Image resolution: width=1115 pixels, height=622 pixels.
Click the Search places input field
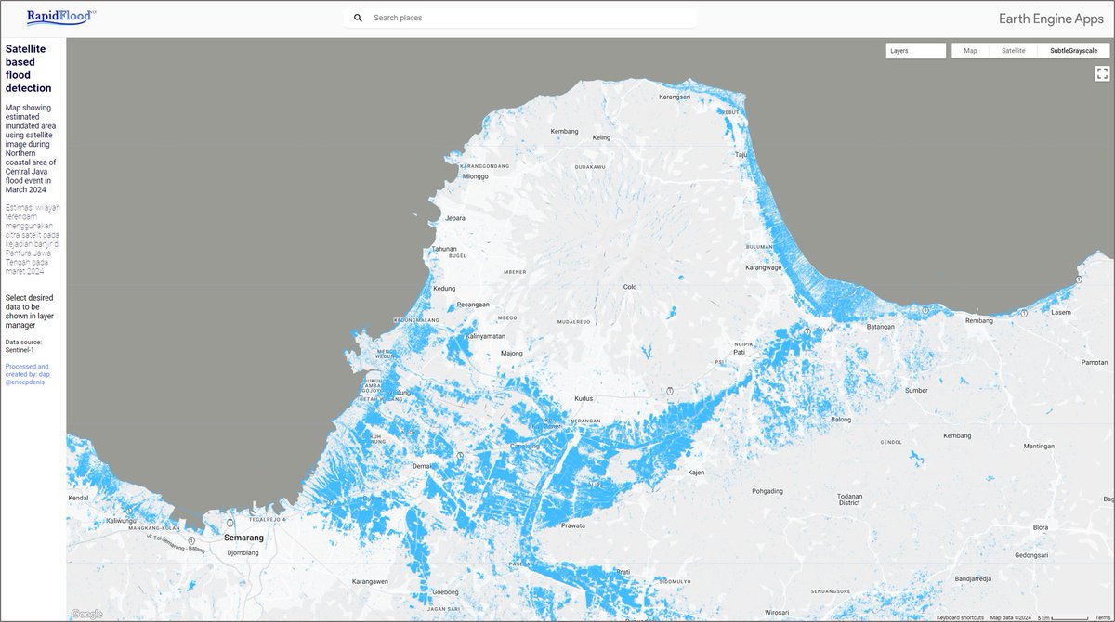(x=530, y=18)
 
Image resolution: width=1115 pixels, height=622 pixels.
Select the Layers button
(x=915, y=51)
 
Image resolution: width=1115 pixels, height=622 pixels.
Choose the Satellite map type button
(x=1013, y=51)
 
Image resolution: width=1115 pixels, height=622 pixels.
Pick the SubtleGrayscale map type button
(x=1073, y=51)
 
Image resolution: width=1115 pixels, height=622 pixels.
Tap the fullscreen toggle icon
(x=1102, y=73)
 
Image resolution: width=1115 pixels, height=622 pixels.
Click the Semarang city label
(x=243, y=538)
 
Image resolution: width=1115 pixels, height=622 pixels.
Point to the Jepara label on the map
(x=455, y=218)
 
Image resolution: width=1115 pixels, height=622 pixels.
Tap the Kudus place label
(x=584, y=398)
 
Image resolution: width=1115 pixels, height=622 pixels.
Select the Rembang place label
(x=979, y=321)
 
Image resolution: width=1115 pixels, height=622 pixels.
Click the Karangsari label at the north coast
(x=676, y=97)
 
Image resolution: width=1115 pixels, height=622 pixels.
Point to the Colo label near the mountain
(x=630, y=287)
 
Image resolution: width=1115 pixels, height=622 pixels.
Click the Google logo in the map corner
(x=86, y=614)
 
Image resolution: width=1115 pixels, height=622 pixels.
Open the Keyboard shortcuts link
(x=960, y=617)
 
